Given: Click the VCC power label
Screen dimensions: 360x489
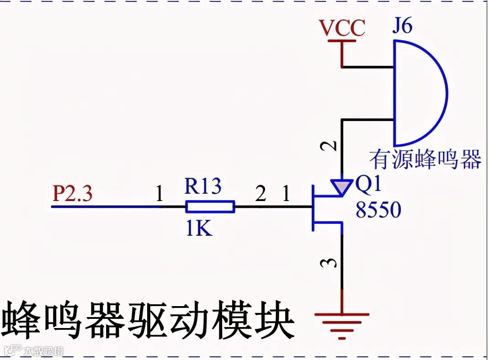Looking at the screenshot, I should coord(342,28).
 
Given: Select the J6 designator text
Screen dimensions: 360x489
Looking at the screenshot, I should coord(402,26).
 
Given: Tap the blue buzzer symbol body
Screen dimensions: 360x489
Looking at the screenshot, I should coord(418,94).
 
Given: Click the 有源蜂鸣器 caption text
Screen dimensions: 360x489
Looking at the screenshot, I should coord(425,160).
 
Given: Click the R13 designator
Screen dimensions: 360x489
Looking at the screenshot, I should coord(203,186).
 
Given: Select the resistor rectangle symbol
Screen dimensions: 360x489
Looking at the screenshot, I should coord(210,207).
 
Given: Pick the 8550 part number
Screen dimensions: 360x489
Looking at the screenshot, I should coord(378,210).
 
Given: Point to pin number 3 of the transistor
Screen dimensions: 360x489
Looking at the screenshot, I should coord(332,263).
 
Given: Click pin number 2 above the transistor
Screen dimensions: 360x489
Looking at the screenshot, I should coord(332,146).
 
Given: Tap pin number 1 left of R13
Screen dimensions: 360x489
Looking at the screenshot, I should coord(159,195).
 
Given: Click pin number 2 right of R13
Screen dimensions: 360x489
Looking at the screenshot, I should coord(260,195).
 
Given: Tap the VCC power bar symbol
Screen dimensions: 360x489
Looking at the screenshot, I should coord(341,42).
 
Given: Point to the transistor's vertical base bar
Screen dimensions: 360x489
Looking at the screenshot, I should coord(313,207).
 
